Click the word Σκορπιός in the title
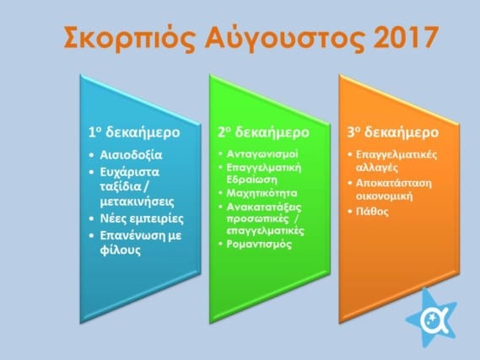129,37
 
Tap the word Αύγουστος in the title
285,37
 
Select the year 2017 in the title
406,36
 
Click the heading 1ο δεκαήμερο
134,132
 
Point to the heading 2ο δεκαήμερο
263,132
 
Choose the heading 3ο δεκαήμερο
393,132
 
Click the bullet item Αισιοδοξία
131,155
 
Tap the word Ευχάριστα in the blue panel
129,172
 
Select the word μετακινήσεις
138,201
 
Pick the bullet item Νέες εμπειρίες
142,219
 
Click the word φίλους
121,250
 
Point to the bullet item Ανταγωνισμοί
262,153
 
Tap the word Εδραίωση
251,179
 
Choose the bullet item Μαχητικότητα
262,193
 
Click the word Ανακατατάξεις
264,207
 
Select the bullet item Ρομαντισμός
259,244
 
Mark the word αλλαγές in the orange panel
377,168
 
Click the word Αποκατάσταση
394,183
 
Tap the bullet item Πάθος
372,212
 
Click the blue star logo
432,318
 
